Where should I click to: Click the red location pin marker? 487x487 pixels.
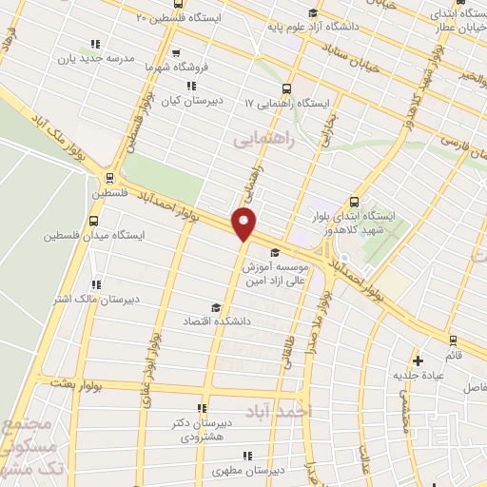click(244, 224)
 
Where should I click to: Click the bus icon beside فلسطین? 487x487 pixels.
click(111, 177)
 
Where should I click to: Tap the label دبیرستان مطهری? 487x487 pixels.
click(242, 471)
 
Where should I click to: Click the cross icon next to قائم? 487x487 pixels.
click(418, 360)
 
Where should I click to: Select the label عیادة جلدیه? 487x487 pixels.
click(419, 375)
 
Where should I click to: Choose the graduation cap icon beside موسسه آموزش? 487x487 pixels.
click(276, 252)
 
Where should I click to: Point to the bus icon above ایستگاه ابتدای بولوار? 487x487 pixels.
click(354, 202)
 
